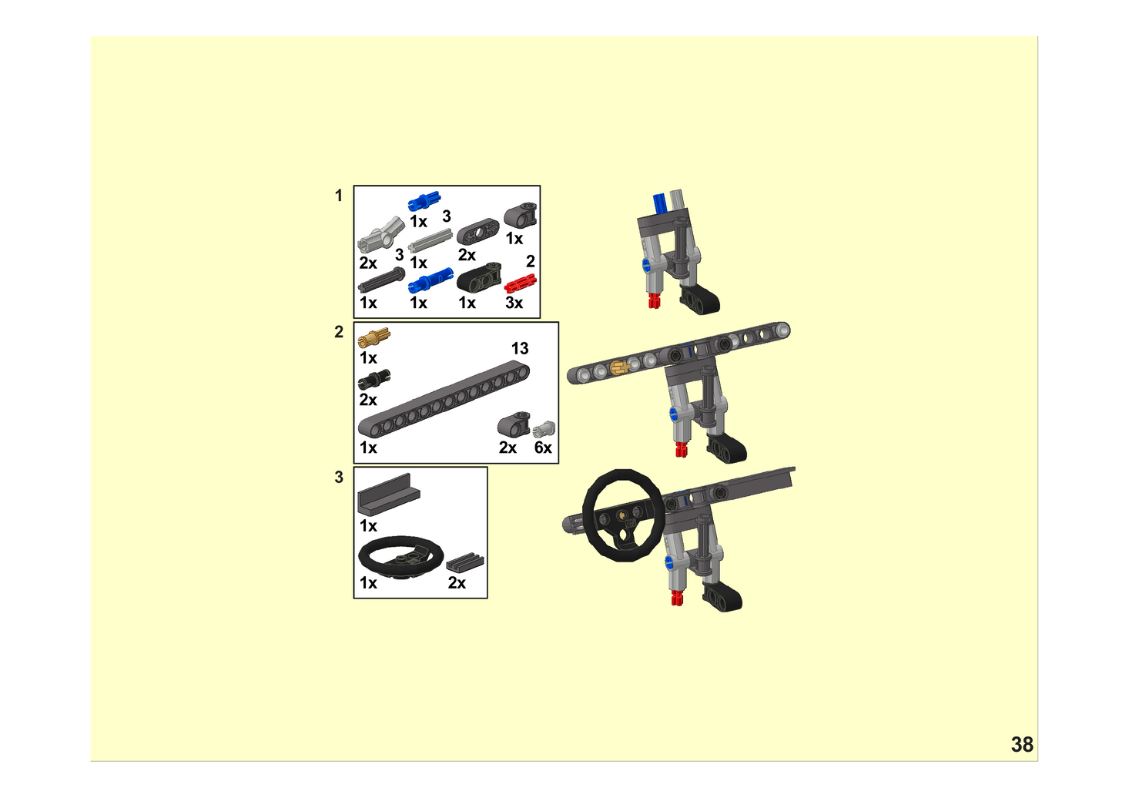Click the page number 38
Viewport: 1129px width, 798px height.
click(x=1022, y=745)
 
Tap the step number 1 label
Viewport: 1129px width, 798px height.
click(x=339, y=196)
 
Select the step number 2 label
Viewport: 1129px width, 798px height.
click(x=339, y=332)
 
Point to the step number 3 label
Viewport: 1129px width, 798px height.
click(x=339, y=477)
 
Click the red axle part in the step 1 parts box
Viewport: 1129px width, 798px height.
click(x=520, y=283)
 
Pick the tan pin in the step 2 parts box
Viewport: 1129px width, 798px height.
click(x=374, y=337)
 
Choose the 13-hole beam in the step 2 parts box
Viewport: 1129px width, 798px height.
click(x=444, y=399)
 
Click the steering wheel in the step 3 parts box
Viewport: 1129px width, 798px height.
click(x=400, y=558)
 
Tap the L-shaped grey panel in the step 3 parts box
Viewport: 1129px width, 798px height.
click(x=389, y=494)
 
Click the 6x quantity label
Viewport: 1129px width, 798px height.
click(x=543, y=448)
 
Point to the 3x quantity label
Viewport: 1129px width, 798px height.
click(x=514, y=303)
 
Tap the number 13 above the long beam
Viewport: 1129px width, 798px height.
click(x=520, y=348)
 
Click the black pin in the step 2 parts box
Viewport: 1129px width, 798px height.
click(x=374, y=380)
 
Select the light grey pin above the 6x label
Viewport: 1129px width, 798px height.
click(x=544, y=429)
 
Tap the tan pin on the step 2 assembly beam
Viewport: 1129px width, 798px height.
click(x=619, y=367)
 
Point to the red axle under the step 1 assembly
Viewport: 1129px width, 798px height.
click(x=654, y=300)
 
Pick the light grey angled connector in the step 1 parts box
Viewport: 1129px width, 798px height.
click(x=381, y=235)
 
